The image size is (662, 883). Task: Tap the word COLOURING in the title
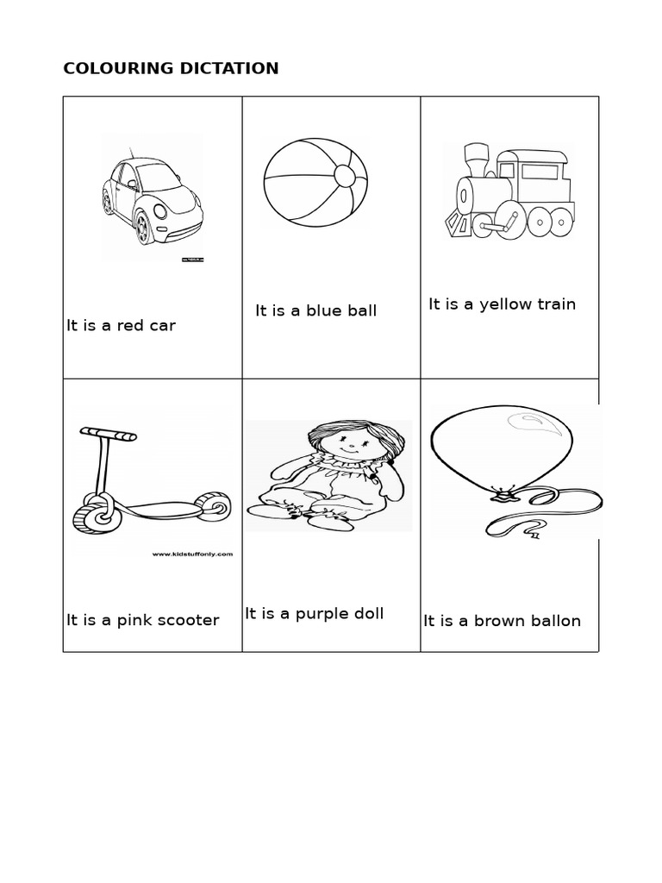[x=116, y=69]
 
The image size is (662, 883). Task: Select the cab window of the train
[x=539, y=172]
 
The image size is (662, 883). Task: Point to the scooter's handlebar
[x=108, y=434]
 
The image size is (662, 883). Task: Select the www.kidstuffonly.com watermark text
[x=192, y=554]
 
